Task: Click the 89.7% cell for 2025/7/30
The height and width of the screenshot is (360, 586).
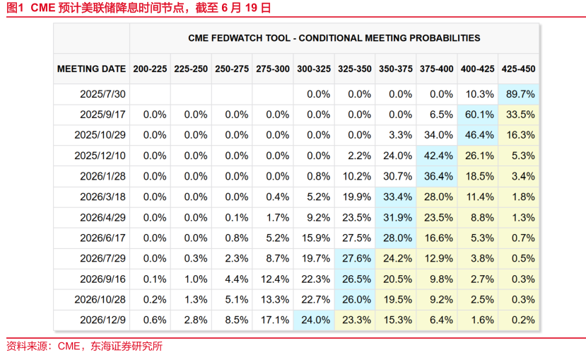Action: click(518, 94)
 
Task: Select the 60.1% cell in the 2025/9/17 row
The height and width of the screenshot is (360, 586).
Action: click(478, 115)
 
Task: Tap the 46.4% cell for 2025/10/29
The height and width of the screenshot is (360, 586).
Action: click(478, 135)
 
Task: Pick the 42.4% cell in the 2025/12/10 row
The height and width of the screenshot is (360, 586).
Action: click(437, 156)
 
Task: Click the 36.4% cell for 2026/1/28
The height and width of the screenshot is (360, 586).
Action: click(437, 176)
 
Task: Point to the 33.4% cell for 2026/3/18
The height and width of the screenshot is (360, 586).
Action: click(396, 197)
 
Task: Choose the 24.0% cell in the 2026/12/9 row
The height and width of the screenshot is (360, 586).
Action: click(314, 320)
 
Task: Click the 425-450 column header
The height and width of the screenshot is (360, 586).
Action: click(518, 69)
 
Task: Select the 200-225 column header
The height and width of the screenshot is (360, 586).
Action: click(150, 69)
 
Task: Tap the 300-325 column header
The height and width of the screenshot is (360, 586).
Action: click(314, 69)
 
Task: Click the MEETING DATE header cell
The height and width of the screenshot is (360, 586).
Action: click(91, 69)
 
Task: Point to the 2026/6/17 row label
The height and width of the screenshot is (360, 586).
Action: click(102, 238)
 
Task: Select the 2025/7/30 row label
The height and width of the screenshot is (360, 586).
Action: click(102, 94)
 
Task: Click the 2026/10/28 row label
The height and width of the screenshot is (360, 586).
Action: click(102, 299)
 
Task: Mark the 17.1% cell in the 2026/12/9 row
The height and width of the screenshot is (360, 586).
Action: click(273, 320)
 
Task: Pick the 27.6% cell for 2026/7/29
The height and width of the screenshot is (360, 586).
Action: click(355, 258)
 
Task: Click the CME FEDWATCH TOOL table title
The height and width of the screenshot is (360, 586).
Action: click(334, 38)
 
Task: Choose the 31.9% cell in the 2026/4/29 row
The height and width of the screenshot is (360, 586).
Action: click(396, 217)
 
